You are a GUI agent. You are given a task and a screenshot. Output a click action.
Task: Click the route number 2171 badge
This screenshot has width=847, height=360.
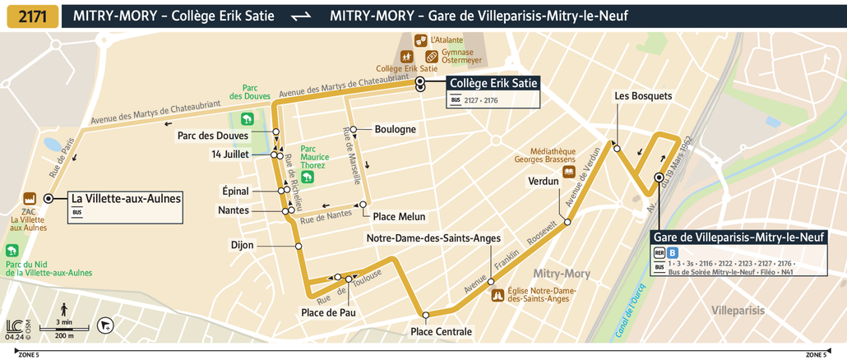pos(32,16)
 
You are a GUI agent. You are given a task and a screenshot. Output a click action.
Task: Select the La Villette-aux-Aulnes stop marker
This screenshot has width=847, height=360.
pos(49,198)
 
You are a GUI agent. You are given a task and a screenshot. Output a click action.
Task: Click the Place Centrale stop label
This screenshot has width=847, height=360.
pos(442,331)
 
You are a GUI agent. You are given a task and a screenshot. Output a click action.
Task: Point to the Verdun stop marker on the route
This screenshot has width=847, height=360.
pos(567,222)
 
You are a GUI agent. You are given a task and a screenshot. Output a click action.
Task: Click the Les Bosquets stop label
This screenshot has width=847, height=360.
pos(643,96)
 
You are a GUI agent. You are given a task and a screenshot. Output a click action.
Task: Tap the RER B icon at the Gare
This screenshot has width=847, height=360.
pos(672,252)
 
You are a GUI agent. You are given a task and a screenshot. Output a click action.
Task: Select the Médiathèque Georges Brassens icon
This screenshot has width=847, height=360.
pos(568,172)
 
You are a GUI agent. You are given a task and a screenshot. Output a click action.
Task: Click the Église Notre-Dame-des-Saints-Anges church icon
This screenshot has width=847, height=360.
pos(497,295)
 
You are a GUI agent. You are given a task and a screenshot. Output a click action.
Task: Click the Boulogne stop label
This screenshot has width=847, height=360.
pos(395,129)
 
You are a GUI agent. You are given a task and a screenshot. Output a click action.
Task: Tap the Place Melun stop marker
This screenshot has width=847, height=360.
pos(361,205)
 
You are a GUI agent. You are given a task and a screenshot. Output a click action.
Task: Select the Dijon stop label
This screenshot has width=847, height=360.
pos(243,245)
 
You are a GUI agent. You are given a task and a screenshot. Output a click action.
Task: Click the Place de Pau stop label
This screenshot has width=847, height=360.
pos(328,312)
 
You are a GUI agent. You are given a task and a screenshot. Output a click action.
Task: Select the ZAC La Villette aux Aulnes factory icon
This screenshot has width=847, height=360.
pos(29,199)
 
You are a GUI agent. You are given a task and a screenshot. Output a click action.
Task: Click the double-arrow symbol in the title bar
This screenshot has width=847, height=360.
pos(302,16)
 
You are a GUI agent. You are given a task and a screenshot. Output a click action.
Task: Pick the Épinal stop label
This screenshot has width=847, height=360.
pos(235,190)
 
